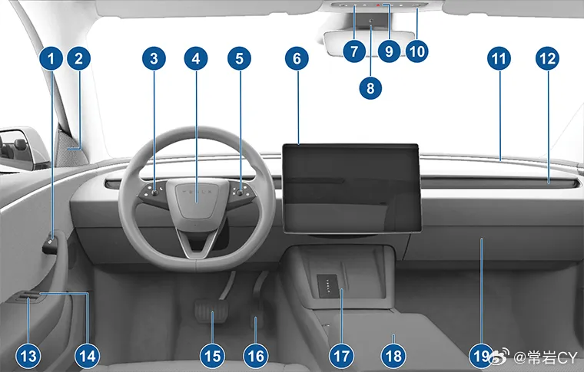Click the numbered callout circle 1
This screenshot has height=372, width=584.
click(x=51, y=58)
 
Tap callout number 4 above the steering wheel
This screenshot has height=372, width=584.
click(x=196, y=58)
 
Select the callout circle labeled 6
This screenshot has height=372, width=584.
click(x=297, y=58)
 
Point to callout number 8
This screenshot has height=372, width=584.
click(x=370, y=88)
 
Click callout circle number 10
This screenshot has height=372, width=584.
click(x=416, y=51)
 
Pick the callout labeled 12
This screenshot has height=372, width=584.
click(x=547, y=58)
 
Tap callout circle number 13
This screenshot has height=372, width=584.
click(x=28, y=357)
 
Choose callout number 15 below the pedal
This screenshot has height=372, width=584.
click(x=212, y=357)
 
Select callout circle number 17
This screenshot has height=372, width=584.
click(x=341, y=357)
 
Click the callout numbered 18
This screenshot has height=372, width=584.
click(x=393, y=357)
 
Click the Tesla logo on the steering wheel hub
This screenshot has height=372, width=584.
click(x=197, y=192)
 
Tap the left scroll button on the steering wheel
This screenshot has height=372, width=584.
click(x=154, y=193)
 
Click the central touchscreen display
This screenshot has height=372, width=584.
click(x=351, y=189)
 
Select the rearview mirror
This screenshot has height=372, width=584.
click(x=369, y=44)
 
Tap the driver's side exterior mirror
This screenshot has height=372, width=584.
click(x=22, y=149)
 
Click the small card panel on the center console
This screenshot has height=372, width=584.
click(x=328, y=286)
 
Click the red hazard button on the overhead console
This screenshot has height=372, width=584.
click(x=377, y=5)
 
